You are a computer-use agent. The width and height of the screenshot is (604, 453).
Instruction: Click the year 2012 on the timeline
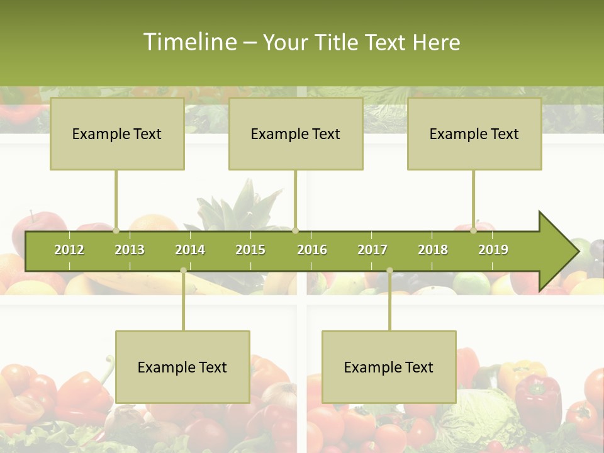[x=69, y=250]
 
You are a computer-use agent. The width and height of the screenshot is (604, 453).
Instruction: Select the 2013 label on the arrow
[x=130, y=250]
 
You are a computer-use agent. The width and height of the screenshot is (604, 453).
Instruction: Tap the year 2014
[x=190, y=250]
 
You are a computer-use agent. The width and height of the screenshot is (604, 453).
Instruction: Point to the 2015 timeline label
[x=250, y=250]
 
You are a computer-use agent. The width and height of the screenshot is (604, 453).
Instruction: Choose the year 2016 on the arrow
[x=312, y=250]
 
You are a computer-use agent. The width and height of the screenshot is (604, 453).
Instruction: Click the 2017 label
[x=372, y=250]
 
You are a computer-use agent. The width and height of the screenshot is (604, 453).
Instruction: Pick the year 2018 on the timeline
[x=433, y=250]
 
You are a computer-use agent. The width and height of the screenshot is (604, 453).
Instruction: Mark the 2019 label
[x=493, y=250]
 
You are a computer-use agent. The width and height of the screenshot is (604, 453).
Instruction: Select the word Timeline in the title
[x=188, y=42]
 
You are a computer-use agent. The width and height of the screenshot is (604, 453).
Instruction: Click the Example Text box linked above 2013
[x=117, y=133]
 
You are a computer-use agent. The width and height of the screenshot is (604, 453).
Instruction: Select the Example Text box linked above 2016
[x=296, y=133]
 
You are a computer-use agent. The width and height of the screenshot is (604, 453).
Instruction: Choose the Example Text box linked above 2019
[x=474, y=133]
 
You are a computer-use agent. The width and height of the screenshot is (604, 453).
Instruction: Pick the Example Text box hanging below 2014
[x=182, y=367]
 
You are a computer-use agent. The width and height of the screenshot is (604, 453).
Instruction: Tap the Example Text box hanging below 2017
[x=389, y=367]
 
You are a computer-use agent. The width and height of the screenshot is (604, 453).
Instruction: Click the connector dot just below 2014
[x=183, y=271]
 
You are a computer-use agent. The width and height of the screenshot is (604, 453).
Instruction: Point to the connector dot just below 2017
[x=389, y=271]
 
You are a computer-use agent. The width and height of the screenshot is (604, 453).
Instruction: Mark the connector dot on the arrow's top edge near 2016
[x=296, y=231]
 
